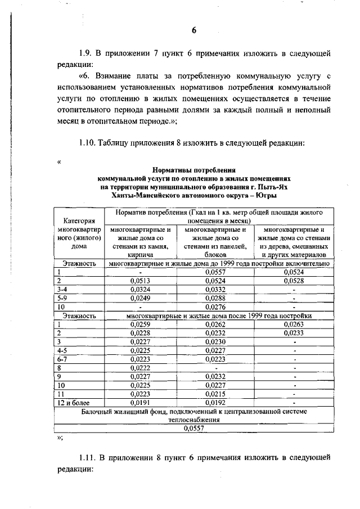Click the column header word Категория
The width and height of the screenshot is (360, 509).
(79, 221)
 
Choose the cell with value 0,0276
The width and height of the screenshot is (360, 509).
(215, 307)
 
